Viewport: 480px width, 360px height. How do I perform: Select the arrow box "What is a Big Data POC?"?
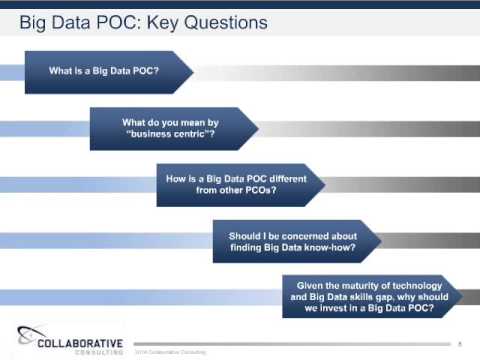point(104,72)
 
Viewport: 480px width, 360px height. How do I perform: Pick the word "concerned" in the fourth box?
point(297,232)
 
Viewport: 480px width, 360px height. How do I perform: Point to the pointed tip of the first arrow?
point(189,72)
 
